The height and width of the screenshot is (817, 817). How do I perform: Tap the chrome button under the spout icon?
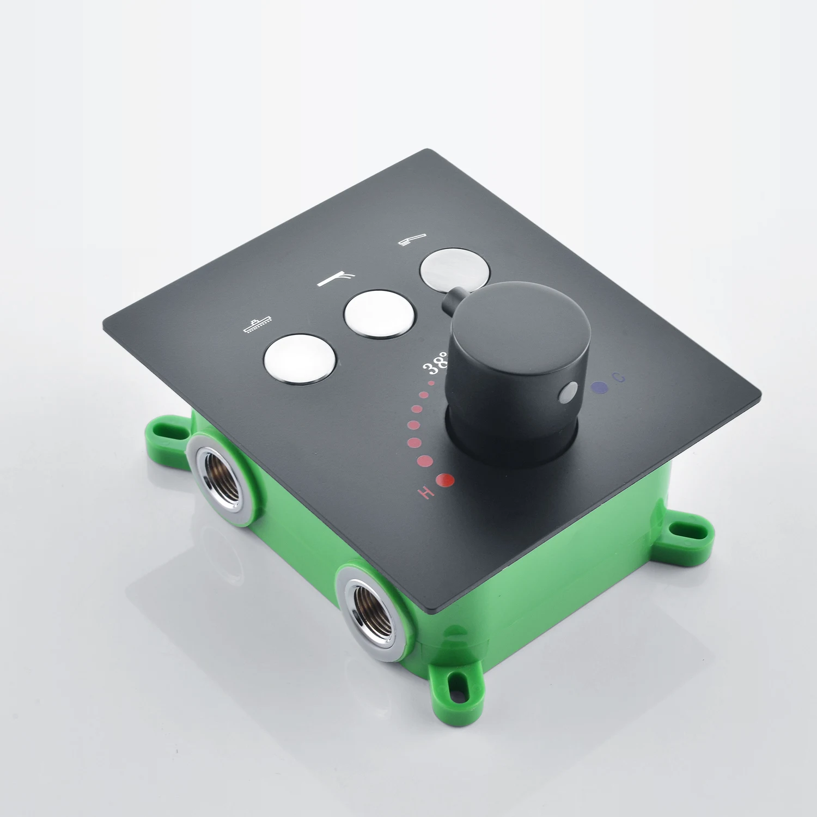(x=380, y=314)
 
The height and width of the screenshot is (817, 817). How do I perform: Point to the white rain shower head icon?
(x=258, y=325)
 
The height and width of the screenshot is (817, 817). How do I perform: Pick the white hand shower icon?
(x=412, y=240)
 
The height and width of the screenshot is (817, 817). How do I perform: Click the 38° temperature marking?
(x=436, y=363)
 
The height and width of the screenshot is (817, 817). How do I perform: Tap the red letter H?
(x=426, y=492)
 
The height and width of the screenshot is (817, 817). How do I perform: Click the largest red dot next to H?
(x=445, y=480)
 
